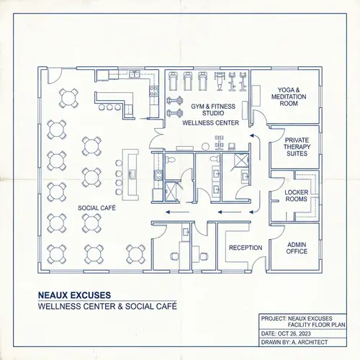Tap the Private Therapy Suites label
[297, 147]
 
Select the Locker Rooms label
[297, 196]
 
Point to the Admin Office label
[297, 248]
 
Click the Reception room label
[246, 248]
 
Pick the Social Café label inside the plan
[97, 207]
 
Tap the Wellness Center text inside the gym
[210, 124]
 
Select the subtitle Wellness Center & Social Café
[107, 307]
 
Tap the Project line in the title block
[301, 318]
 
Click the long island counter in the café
[130, 175]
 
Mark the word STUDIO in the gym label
[212, 114]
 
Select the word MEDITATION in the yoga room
[284, 97]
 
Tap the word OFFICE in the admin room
[297, 252]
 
